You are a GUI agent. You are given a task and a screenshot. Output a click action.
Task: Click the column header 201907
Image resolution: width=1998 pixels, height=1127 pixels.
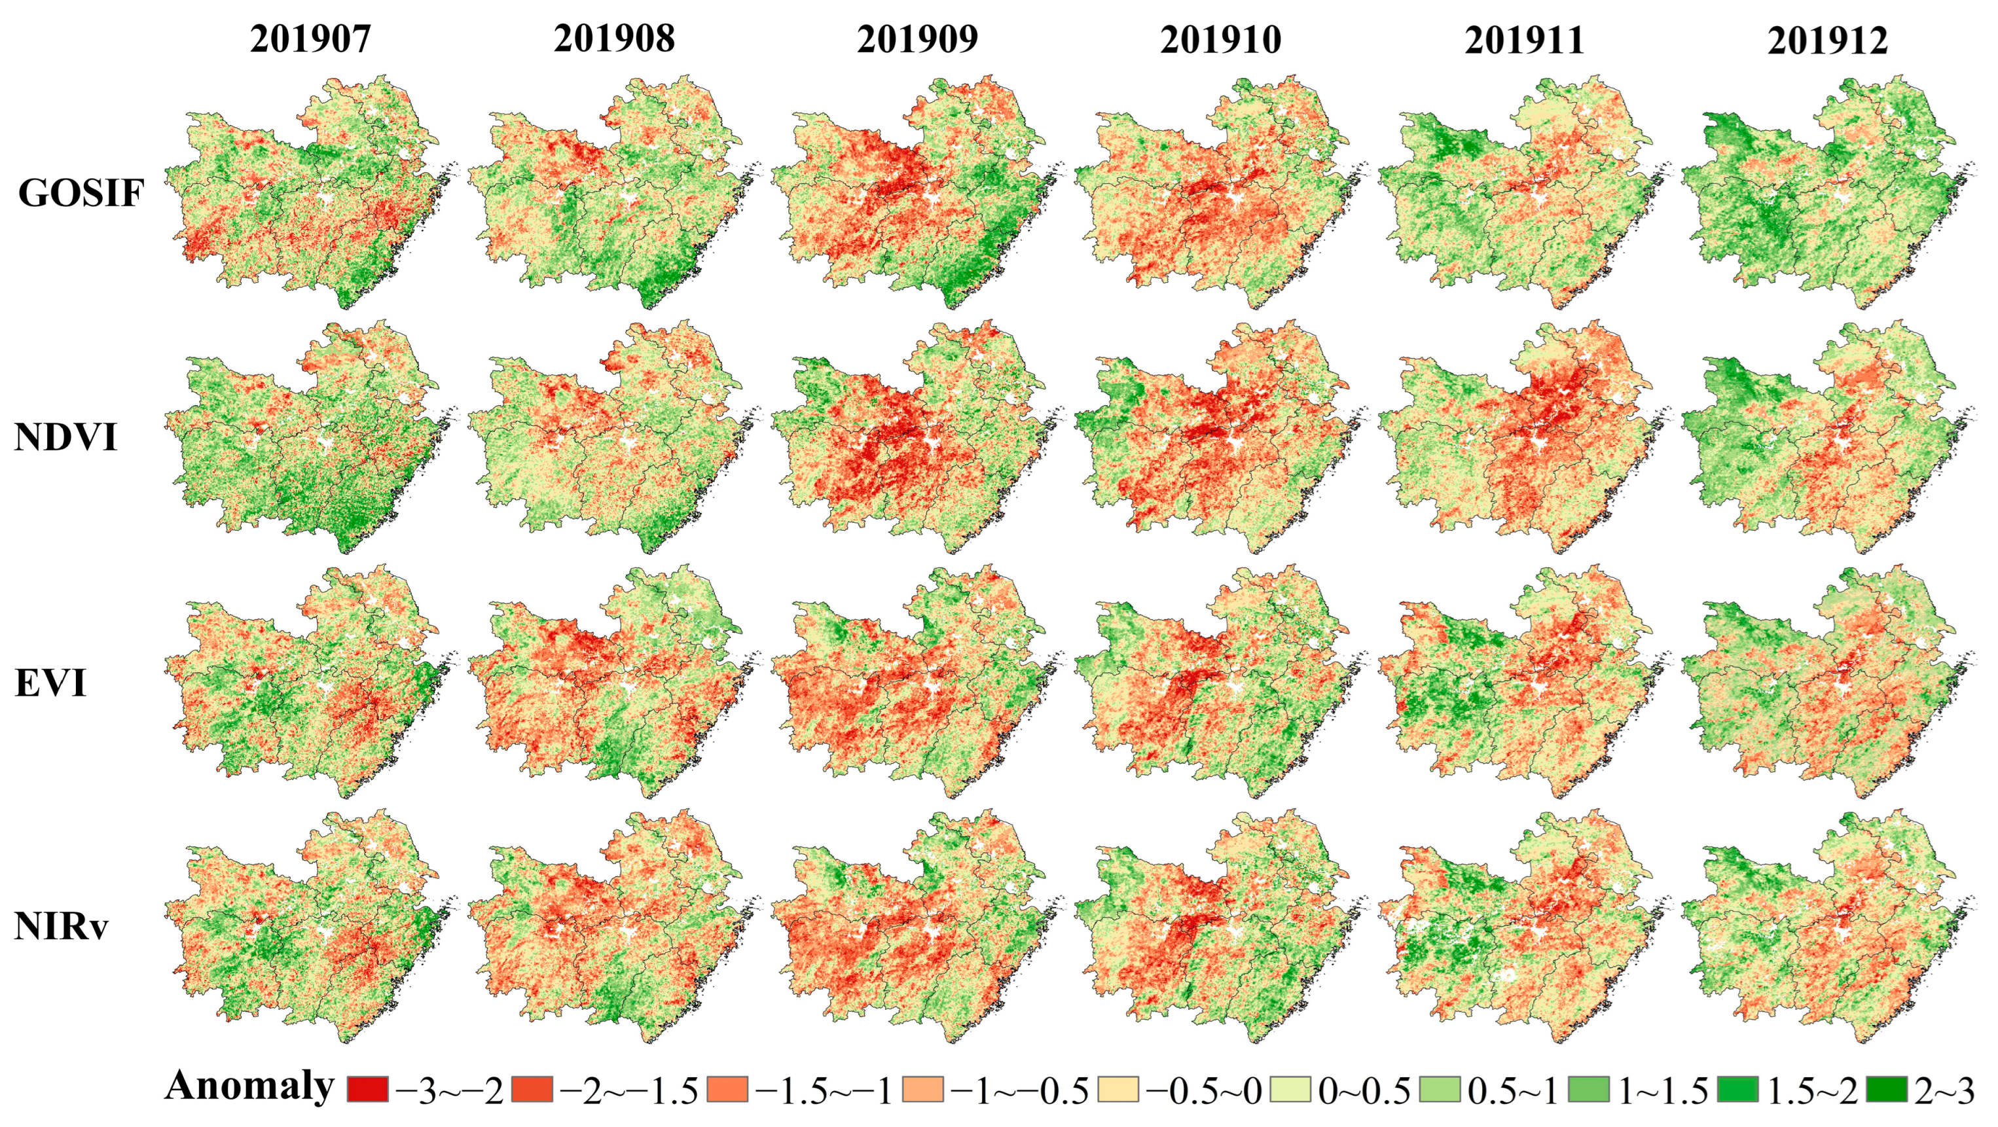(x=310, y=39)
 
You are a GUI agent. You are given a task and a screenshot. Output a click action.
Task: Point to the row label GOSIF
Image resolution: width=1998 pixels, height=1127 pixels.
(x=81, y=193)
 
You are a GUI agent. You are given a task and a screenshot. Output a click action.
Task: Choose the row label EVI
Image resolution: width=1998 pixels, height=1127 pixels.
(x=50, y=684)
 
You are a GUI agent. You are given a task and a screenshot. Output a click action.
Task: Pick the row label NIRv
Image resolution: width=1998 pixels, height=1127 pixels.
(x=62, y=927)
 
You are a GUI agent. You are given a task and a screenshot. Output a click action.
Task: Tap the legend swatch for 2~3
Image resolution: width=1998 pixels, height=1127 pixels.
(x=1885, y=1090)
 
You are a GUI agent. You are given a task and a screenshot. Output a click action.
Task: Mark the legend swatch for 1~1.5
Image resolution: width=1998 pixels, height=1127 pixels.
(x=1588, y=1090)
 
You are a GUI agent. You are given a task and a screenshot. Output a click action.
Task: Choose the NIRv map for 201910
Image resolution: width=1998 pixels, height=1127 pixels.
(x=1218, y=927)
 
